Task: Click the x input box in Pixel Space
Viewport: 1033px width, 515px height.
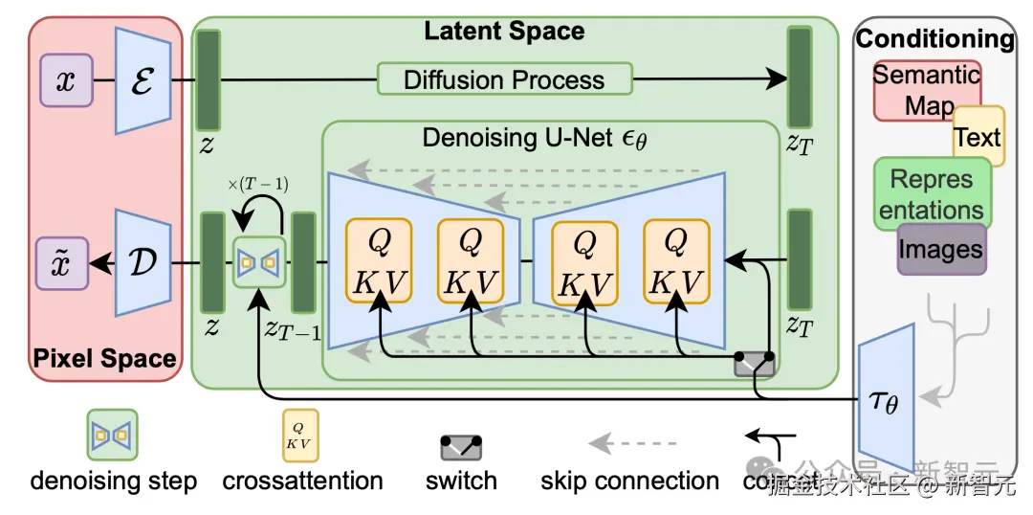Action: tap(65, 80)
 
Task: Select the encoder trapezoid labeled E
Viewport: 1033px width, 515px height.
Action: tap(143, 80)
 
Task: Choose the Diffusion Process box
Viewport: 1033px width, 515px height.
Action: tap(504, 79)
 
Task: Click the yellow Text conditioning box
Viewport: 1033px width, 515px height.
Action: tap(978, 137)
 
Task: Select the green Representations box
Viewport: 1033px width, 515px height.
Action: tap(931, 193)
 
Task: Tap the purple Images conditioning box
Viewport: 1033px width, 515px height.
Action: tap(941, 250)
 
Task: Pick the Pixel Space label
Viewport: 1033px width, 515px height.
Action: tap(105, 359)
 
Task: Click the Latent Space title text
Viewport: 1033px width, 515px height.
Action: tap(504, 31)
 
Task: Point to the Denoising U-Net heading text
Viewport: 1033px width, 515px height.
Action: tap(535, 139)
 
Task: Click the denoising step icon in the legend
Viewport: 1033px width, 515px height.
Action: tap(113, 436)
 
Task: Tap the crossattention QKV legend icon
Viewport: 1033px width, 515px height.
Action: tap(299, 436)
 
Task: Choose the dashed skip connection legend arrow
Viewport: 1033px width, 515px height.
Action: tap(631, 443)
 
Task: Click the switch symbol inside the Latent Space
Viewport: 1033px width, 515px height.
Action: tap(754, 363)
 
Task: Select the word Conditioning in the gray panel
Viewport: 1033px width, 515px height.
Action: tap(934, 39)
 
